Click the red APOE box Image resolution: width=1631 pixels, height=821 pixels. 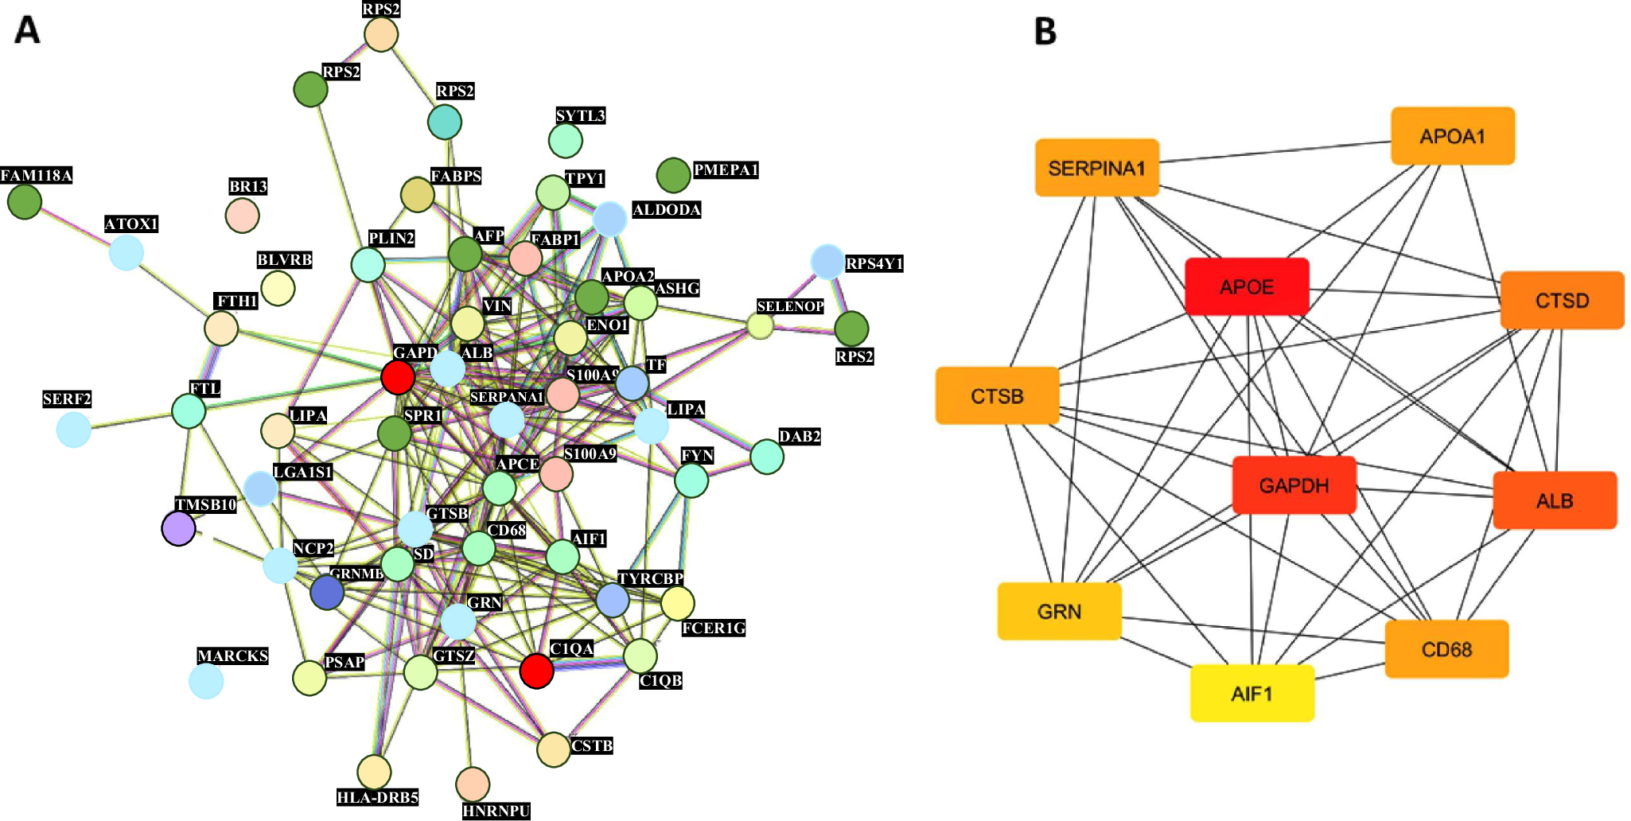(x=1247, y=286)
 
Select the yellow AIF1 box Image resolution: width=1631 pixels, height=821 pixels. (x=1251, y=694)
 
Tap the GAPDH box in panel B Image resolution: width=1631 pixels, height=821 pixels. (x=1294, y=485)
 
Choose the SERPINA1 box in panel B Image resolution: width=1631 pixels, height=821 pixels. (x=1096, y=168)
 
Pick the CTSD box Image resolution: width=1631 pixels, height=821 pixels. (x=1562, y=301)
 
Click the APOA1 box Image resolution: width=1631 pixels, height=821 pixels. (x=1452, y=136)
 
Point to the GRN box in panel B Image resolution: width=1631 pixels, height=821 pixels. (x=1059, y=611)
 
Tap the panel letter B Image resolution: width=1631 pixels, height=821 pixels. (x=1045, y=32)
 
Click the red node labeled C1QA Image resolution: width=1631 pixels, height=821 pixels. (x=536, y=671)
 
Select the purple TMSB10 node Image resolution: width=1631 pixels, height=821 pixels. (x=178, y=528)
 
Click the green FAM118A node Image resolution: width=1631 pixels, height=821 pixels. (x=25, y=201)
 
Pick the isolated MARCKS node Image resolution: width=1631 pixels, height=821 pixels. (x=206, y=682)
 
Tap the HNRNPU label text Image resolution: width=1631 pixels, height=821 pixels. (x=496, y=811)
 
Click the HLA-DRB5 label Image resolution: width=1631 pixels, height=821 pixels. (x=377, y=797)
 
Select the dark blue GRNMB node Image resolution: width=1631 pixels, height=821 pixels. (x=327, y=593)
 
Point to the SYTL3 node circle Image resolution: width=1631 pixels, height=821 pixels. (x=566, y=141)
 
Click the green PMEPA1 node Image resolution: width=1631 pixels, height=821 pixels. (x=673, y=175)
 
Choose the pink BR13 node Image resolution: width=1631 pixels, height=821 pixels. (x=242, y=215)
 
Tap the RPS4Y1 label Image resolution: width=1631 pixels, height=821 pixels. (x=874, y=263)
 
